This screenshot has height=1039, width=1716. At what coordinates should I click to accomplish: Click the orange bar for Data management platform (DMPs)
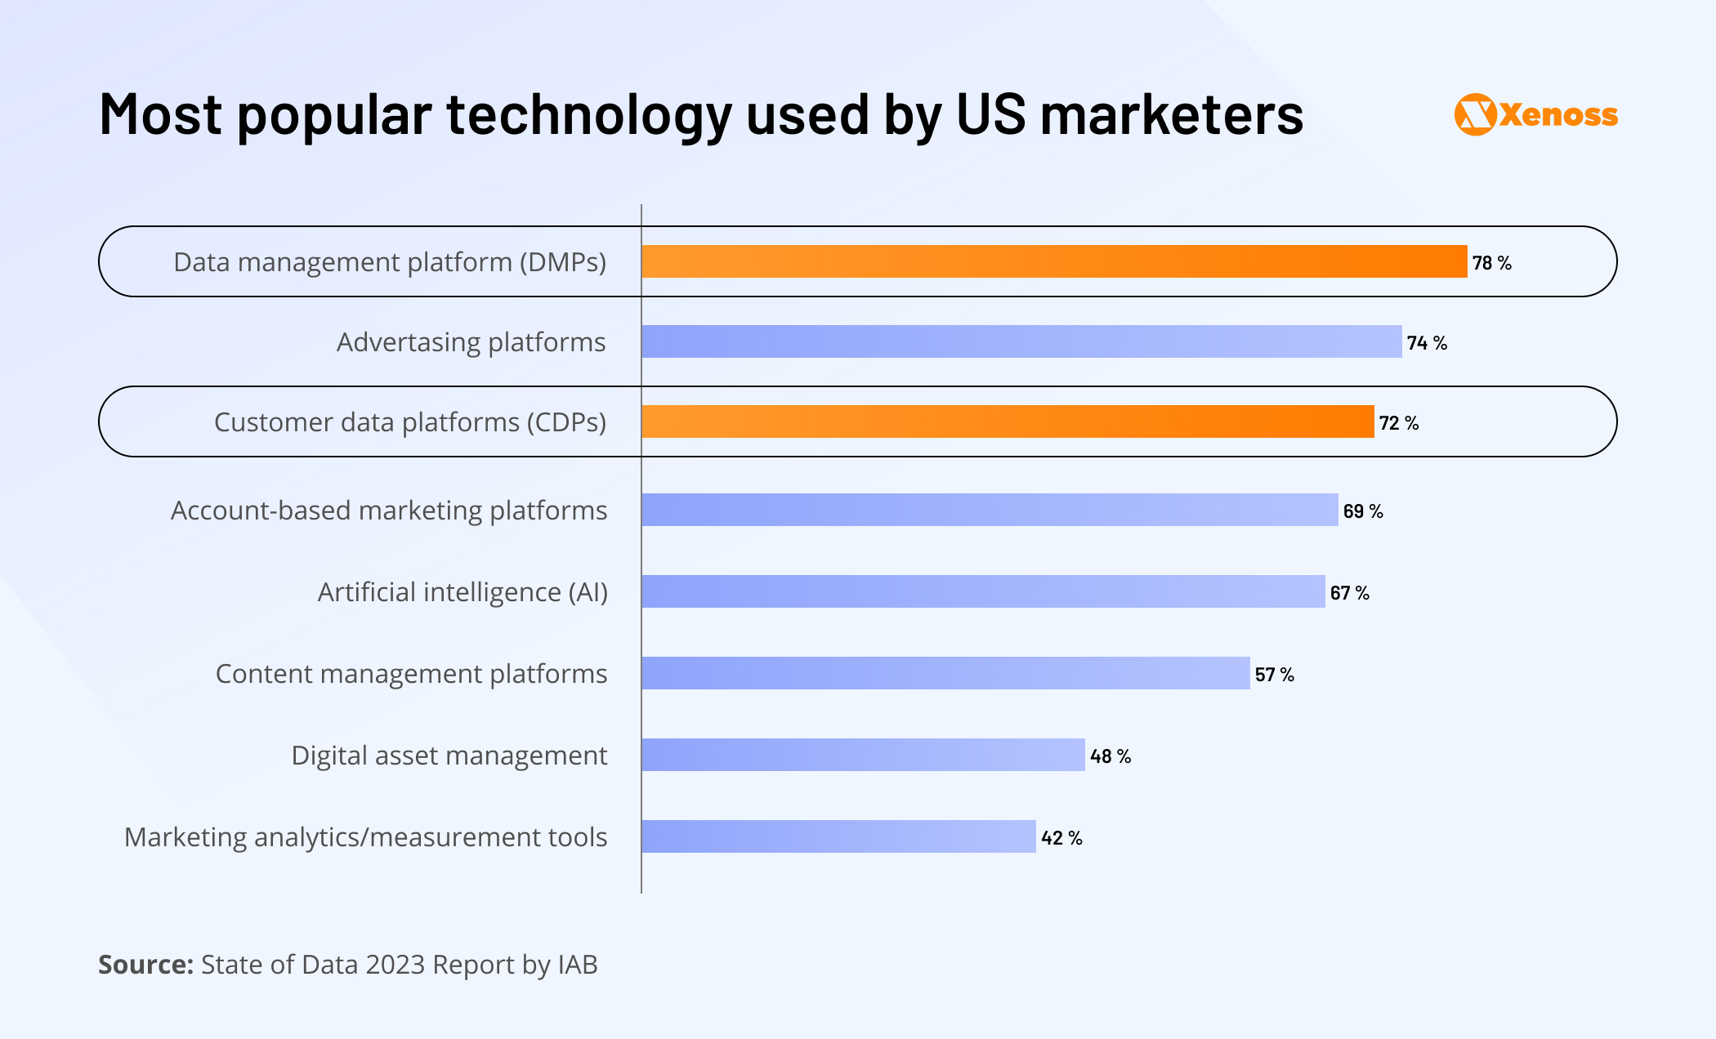[1054, 261]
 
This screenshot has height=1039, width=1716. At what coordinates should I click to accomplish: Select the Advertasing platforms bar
[1021, 341]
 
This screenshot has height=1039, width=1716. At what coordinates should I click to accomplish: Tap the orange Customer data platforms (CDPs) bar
[1008, 421]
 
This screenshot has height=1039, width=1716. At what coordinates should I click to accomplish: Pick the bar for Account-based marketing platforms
[990, 510]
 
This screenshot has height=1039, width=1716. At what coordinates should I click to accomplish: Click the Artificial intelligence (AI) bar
[983, 591]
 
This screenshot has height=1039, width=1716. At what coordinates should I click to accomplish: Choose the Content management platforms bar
[945, 673]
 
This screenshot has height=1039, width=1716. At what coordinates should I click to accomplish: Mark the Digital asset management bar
[863, 755]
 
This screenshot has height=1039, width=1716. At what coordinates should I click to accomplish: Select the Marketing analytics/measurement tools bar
[838, 836]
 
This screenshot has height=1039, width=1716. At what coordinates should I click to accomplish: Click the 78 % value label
[1491, 263]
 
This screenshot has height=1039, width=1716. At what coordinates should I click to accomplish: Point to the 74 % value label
[1427, 343]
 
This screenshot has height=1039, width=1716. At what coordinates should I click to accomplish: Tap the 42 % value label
[1061, 838]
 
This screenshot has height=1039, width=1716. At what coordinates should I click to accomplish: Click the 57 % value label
[1274, 675]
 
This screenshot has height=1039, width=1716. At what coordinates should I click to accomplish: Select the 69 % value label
[1363, 511]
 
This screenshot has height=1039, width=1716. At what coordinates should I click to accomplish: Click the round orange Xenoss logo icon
[1475, 114]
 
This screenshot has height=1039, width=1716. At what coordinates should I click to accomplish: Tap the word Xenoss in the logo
[1559, 115]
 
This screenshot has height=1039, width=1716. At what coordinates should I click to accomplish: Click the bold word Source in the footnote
[145, 965]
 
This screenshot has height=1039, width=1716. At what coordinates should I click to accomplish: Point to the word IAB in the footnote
[578, 965]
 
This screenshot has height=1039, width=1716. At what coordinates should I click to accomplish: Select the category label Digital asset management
[449, 756]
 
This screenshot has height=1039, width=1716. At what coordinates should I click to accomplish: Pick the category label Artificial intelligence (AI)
[463, 592]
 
